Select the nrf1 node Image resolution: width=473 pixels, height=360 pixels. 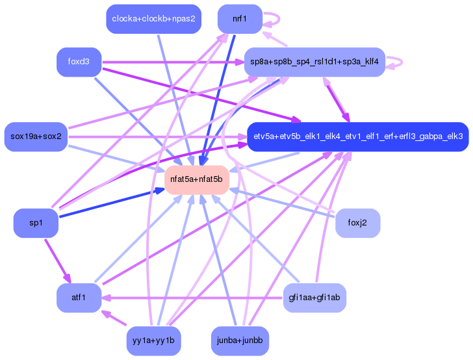(x=240, y=19)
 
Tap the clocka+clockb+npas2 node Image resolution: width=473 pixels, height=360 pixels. (x=153, y=19)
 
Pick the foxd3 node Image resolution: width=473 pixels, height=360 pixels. (x=78, y=62)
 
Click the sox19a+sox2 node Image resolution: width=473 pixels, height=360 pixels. (x=36, y=136)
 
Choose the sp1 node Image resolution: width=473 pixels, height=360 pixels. (x=36, y=224)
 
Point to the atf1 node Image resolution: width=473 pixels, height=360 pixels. (x=78, y=298)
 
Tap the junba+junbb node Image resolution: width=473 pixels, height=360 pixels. (x=240, y=341)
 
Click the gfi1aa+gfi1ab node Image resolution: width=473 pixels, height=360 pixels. (x=314, y=298)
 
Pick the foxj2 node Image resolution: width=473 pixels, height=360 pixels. (x=357, y=224)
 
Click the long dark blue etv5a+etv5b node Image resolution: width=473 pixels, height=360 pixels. (x=357, y=136)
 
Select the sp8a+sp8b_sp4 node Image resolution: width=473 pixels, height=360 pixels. (x=314, y=62)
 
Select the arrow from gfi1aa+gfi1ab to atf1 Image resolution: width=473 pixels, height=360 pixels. (x=195, y=298)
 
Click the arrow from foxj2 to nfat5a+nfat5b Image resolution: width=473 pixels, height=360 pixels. (x=279, y=201)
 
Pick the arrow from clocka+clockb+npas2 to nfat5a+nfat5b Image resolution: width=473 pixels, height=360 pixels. (x=173, y=97)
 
